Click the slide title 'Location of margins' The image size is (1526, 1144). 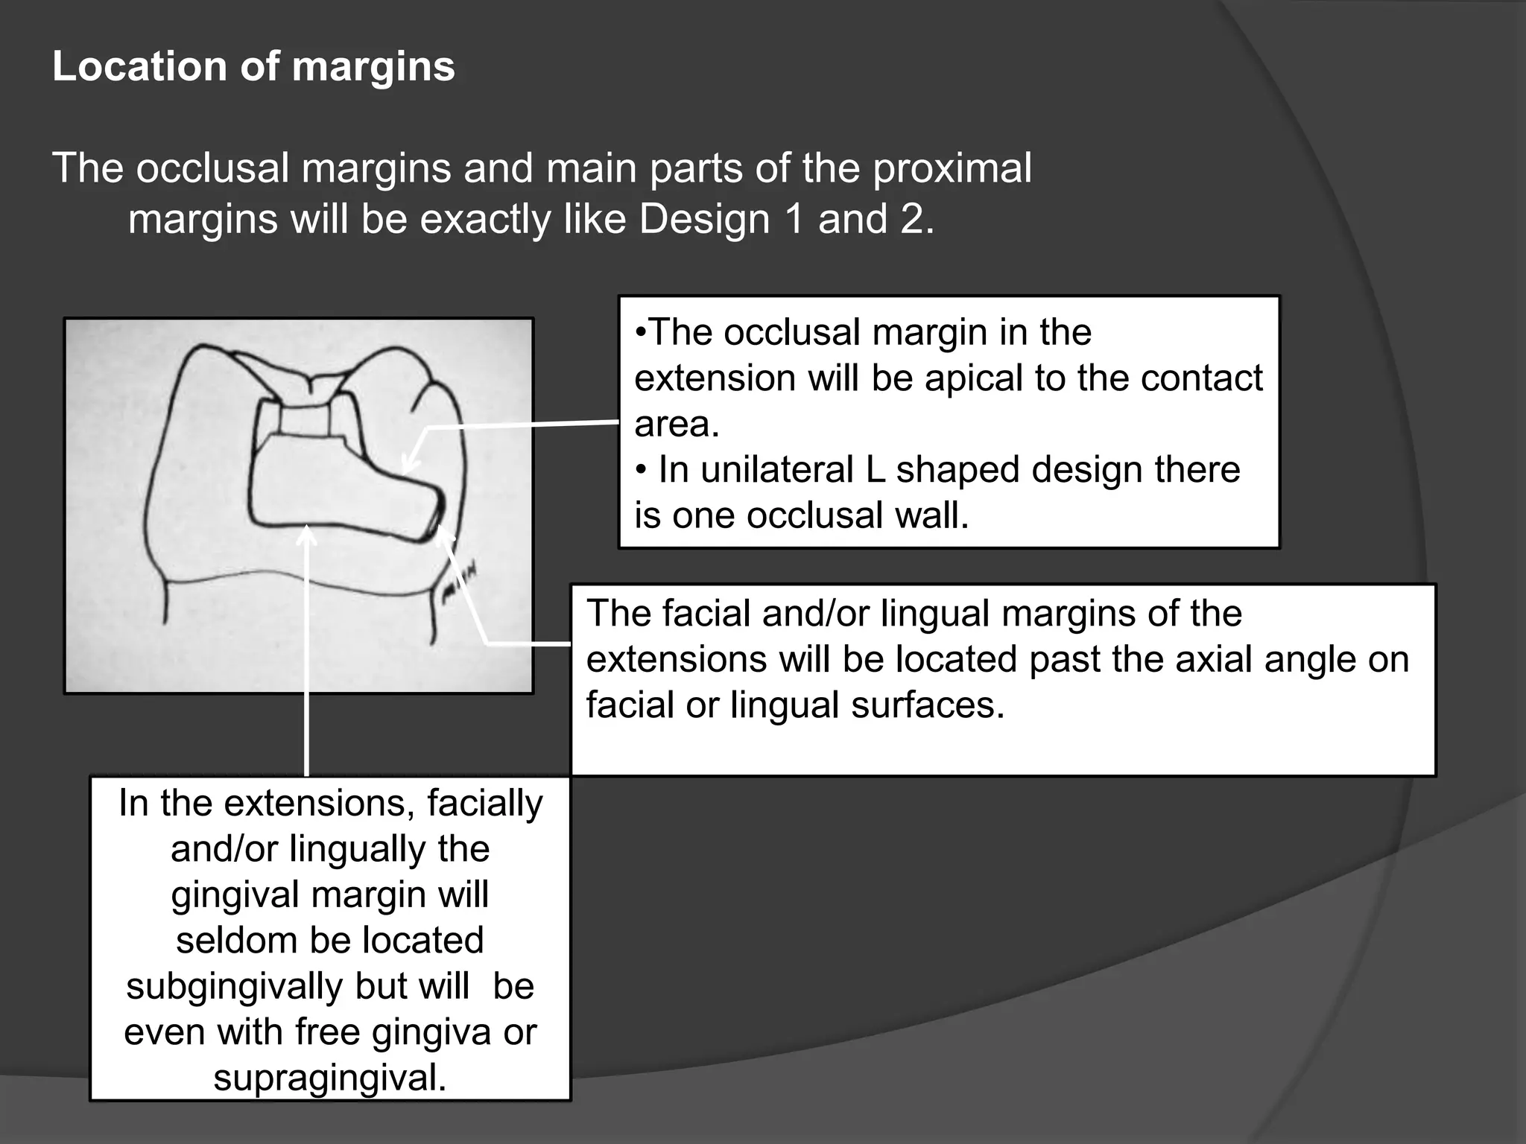pyautogui.click(x=253, y=66)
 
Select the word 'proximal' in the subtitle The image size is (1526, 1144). pyautogui.click(x=952, y=168)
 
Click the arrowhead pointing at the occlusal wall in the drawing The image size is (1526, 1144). pyautogui.click(x=409, y=465)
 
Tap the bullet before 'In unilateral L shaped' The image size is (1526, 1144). pyautogui.click(x=641, y=471)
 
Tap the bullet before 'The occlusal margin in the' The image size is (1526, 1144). pyautogui.click(x=641, y=332)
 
